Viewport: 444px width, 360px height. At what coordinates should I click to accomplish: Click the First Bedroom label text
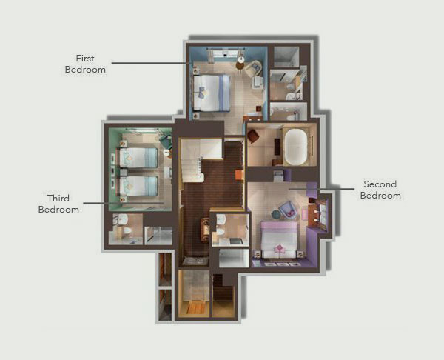[85, 64]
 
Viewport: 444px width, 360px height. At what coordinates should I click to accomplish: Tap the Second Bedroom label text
[380, 190]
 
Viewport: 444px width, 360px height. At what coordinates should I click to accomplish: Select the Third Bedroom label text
[58, 204]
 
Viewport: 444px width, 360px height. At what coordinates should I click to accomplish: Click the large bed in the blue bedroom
[212, 93]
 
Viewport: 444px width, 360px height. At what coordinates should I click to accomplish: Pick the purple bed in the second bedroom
[279, 240]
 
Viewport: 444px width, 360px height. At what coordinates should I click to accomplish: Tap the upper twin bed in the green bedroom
[138, 158]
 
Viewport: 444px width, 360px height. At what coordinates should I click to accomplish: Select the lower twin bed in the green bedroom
[138, 186]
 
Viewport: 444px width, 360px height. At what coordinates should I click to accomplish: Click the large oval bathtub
[295, 147]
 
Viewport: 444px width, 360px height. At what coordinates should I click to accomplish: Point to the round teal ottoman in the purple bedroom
[276, 214]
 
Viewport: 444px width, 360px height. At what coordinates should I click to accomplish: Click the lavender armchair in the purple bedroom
[288, 210]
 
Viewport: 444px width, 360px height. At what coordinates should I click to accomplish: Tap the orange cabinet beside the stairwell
[239, 175]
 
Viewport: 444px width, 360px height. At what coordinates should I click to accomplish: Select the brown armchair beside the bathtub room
[253, 136]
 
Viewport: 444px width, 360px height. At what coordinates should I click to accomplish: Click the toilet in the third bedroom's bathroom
[127, 230]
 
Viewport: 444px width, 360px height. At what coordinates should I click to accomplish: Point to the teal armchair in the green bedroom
[166, 141]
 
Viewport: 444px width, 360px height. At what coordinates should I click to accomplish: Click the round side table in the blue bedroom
[241, 60]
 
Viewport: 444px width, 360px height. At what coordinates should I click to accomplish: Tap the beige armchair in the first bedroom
[253, 69]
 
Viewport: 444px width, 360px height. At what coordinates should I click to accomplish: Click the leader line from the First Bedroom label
[149, 63]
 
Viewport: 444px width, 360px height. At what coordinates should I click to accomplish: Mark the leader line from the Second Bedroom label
[321, 189]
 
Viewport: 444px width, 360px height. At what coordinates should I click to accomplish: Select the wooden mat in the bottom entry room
[195, 308]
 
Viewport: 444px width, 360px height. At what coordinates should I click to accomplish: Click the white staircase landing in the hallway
[201, 148]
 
